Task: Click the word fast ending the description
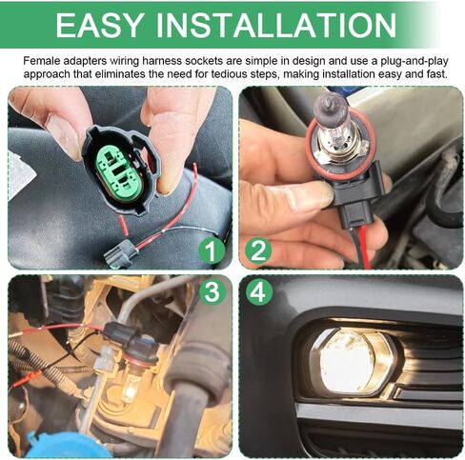(441, 74)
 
